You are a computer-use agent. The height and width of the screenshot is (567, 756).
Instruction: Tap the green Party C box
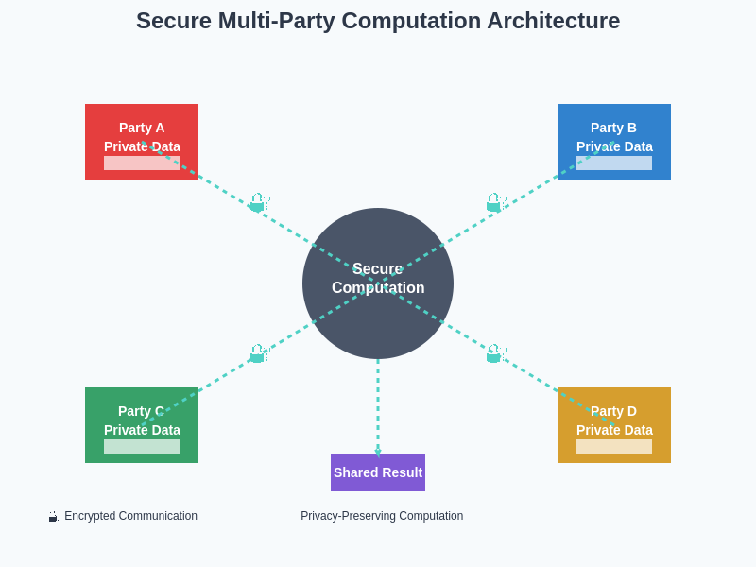tap(142, 411)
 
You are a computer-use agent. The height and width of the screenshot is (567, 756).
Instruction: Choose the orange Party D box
tap(614, 411)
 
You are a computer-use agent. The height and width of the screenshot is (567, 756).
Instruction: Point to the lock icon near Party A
tap(259, 202)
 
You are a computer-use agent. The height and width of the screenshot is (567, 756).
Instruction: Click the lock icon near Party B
tap(495, 202)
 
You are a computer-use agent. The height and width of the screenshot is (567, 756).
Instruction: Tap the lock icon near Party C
tap(259, 353)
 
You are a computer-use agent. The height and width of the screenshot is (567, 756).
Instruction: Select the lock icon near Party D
tap(495, 353)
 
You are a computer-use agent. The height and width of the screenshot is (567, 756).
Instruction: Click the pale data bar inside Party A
tap(123, 163)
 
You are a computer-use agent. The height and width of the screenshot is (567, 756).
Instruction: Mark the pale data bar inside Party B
tap(633, 163)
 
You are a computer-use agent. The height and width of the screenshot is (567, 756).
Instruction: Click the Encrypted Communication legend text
tap(130, 516)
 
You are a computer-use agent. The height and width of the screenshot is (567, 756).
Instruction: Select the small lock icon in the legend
tap(53, 517)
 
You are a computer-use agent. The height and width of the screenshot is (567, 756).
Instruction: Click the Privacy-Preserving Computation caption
tap(382, 516)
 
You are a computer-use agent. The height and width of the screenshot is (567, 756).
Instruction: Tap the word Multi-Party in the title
tap(271, 21)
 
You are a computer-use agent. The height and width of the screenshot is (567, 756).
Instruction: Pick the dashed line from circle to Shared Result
tap(378, 406)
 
